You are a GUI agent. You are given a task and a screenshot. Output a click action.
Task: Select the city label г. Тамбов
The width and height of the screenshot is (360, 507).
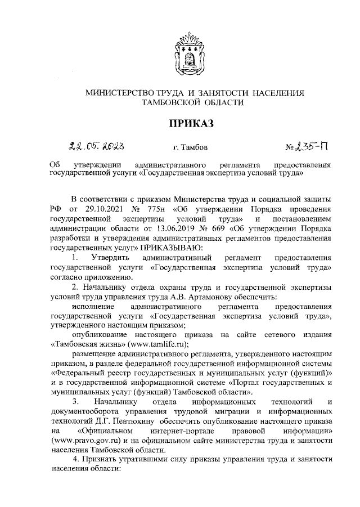coord(191,149)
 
